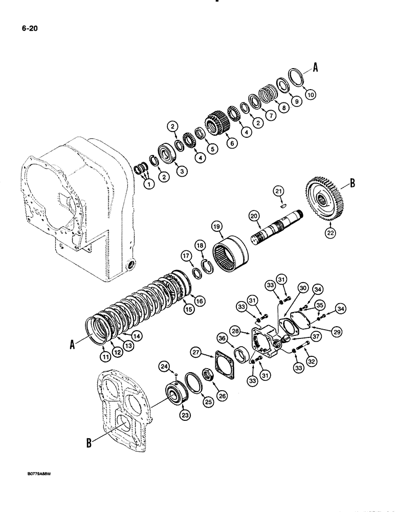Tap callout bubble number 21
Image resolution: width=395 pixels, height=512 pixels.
coord(278,191)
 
